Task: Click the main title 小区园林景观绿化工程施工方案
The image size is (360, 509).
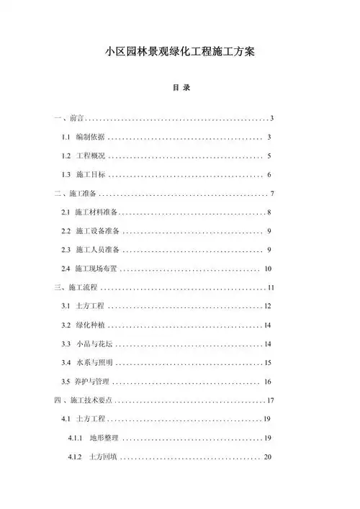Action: tap(179, 53)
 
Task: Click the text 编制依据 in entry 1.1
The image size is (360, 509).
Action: tap(90, 137)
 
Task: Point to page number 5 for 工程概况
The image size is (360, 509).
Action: tap(268, 156)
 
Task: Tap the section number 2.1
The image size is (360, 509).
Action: tap(66, 212)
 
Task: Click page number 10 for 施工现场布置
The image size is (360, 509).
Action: tap(267, 269)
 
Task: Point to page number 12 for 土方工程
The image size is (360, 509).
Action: tap(267, 307)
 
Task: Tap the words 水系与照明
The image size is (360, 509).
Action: tap(94, 363)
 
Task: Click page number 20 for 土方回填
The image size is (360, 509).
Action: tap(267, 457)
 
